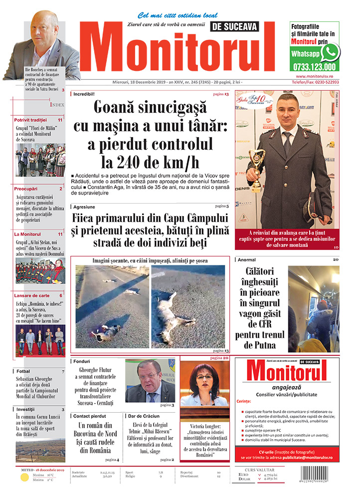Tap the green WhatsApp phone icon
(x=330, y=52)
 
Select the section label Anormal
(x=247, y=260)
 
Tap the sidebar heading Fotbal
(x=23, y=371)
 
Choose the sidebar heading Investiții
(x=25, y=409)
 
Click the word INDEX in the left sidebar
(x=57, y=105)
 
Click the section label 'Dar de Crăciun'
(x=144, y=416)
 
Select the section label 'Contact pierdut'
(x=90, y=416)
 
